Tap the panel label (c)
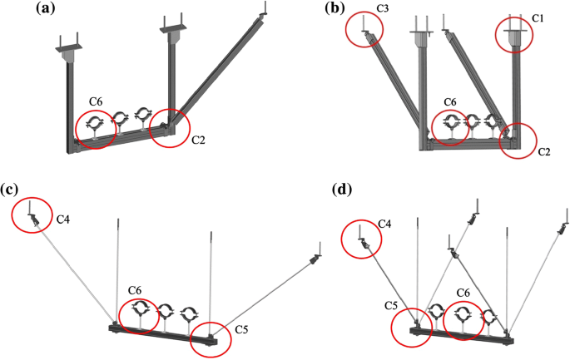pyautogui.click(x=12, y=189)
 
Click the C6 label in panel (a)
pyautogui.click(x=97, y=102)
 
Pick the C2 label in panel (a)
pyautogui.click(x=199, y=139)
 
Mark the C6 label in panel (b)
pyautogui.click(x=449, y=102)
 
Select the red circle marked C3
pyautogui.click(x=365, y=28)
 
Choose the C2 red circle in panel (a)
pyautogui.click(x=171, y=129)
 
